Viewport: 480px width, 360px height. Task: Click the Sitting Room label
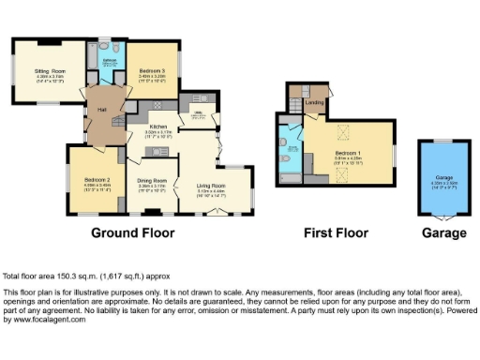[51, 70]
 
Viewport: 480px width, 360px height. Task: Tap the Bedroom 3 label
[152, 70]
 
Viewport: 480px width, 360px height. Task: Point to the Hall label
[100, 110]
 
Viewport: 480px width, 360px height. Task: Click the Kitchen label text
[157, 127]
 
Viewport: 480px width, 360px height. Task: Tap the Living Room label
[210, 187]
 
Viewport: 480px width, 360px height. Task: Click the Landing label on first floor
[315, 102]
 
